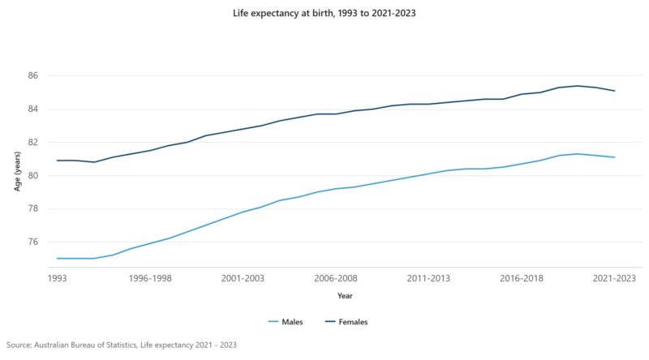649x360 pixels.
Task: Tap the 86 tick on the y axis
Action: click(32, 75)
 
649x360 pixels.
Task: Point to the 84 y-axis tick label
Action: click(32, 109)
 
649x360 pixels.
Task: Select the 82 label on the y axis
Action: click(32, 142)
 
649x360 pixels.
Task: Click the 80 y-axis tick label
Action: click(32, 175)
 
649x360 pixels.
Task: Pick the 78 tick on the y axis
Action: click(32, 208)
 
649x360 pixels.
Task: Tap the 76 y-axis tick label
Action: click(32, 242)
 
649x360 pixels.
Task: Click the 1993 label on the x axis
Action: click(57, 278)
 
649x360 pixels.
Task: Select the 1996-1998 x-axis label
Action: click(150, 278)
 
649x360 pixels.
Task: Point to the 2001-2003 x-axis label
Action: click(243, 278)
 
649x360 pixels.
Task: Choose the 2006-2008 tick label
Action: click(336, 278)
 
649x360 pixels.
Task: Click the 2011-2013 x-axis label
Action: click(428, 278)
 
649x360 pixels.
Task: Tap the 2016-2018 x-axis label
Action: click(522, 278)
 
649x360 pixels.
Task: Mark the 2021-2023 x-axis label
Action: click(614, 278)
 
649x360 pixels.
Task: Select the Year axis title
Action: click(345, 296)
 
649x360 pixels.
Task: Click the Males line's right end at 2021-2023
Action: click(614, 157)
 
